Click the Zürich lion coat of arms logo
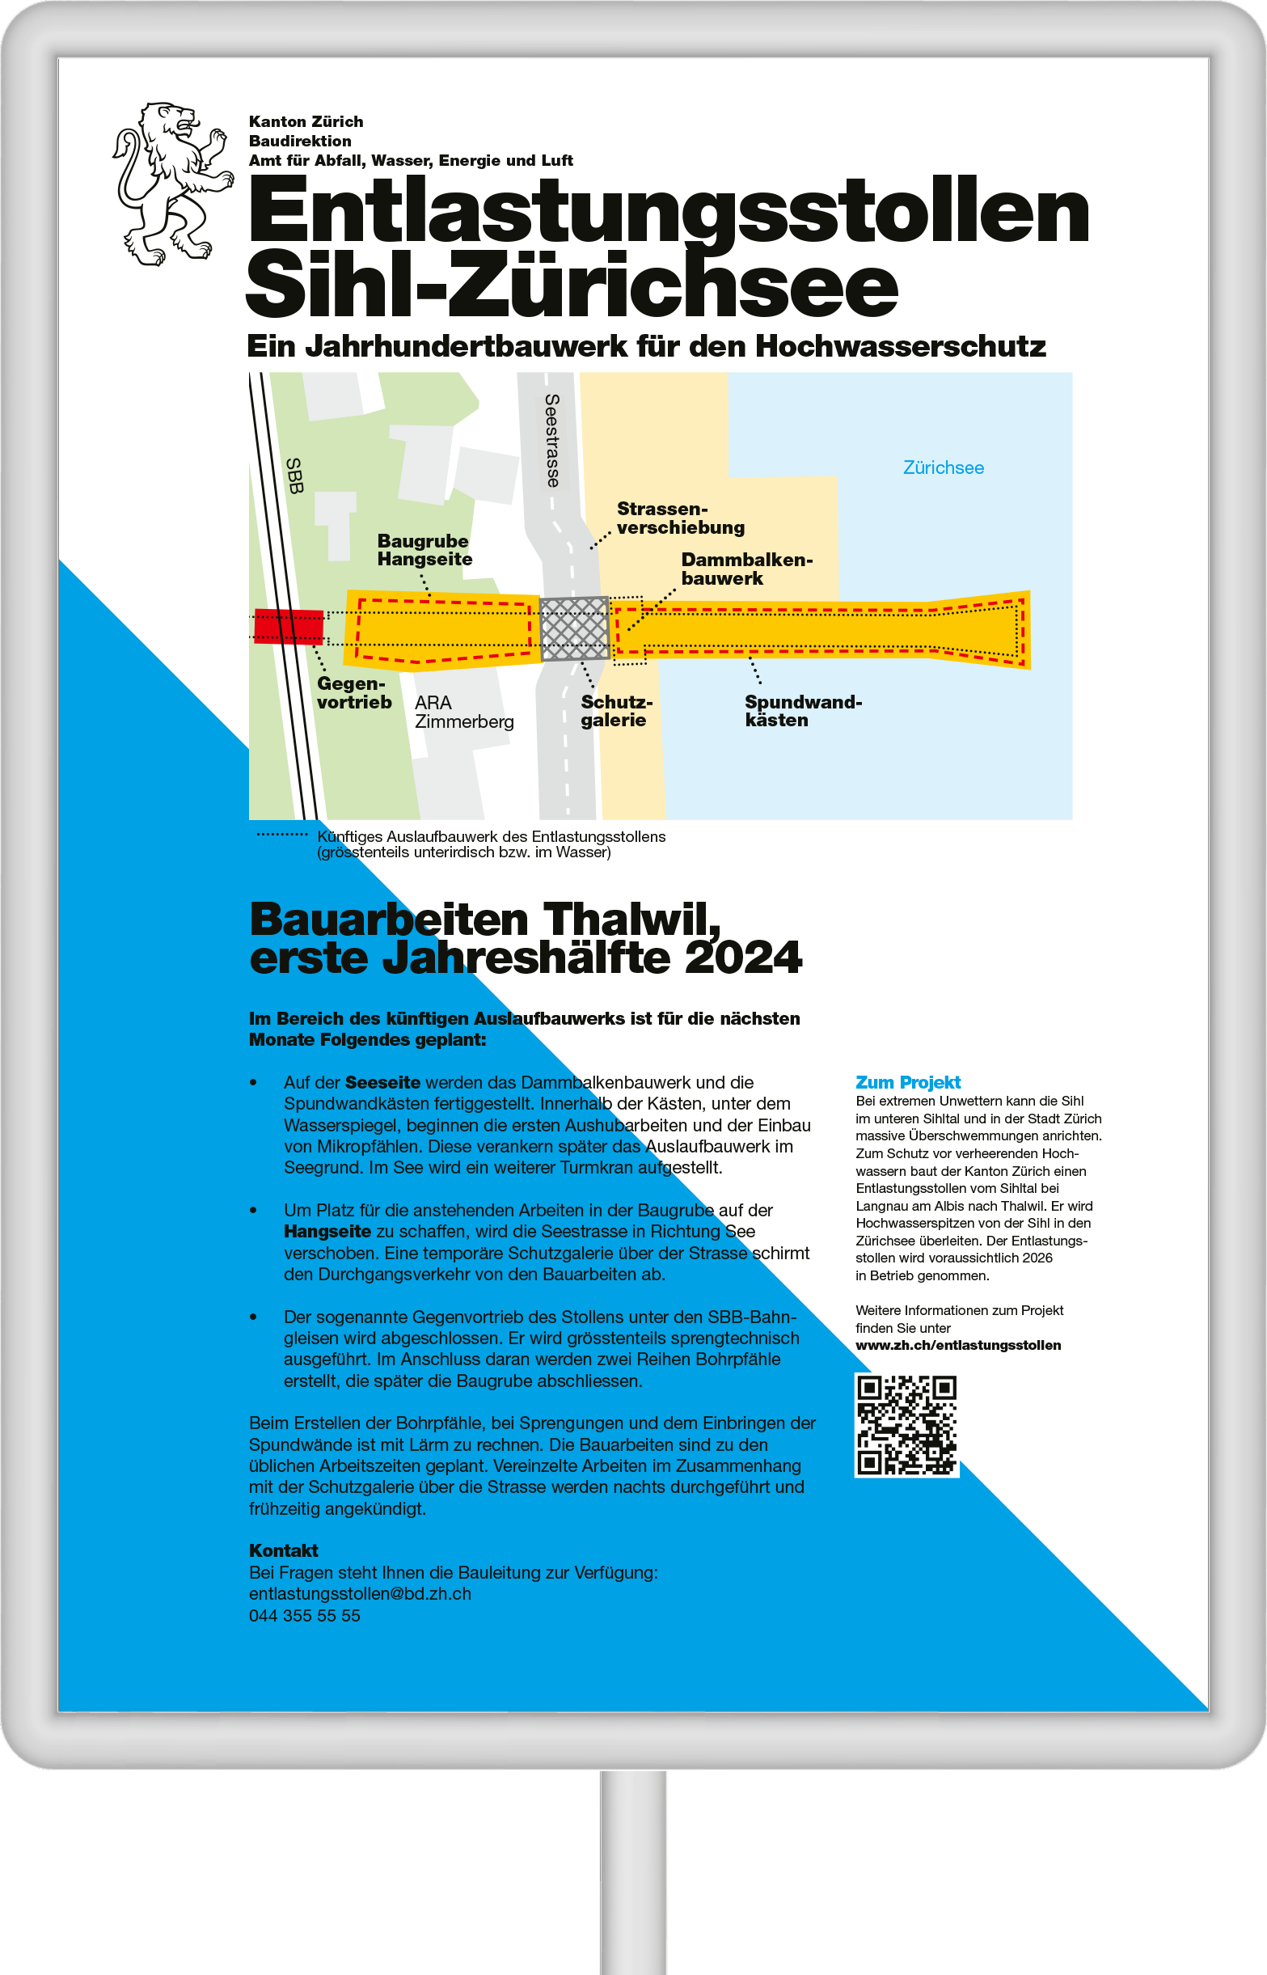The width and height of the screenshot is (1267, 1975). (x=172, y=184)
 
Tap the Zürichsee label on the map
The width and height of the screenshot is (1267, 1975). (x=943, y=467)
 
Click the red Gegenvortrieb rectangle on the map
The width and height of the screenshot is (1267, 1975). (x=288, y=626)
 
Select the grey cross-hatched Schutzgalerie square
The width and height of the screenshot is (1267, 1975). (x=574, y=628)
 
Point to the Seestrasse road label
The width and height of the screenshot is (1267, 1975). (x=552, y=440)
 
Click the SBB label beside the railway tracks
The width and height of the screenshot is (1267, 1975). (x=294, y=476)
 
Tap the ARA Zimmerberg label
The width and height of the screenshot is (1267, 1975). (x=463, y=713)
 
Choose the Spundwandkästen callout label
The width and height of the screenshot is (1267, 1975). (x=802, y=711)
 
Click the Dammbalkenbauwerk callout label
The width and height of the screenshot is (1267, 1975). (x=745, y=569)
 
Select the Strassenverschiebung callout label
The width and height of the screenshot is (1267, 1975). (x=680, y=518)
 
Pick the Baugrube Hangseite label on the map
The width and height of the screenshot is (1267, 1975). (x=424, y=550)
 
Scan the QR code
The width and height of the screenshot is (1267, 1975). (x=906, y=1424)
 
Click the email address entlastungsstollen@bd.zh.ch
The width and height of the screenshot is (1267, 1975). (x=360, y=1593)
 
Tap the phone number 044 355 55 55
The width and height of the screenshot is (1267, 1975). (x=304, y=1615)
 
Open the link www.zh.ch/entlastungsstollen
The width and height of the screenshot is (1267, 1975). (x=957, y=1345)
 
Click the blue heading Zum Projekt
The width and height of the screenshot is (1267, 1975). (x=907, y=1082)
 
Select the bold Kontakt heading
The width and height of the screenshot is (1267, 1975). (x=283, y=1550)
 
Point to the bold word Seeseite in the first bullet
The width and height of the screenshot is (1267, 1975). (x=382, y=1082)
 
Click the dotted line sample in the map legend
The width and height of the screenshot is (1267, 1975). (x=281, y=835)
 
